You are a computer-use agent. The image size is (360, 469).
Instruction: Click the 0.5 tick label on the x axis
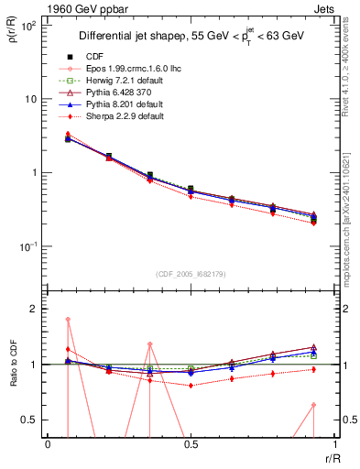pyautogui.click(x=190, y=443)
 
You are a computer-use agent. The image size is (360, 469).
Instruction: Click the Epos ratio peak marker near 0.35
pyautogui.click(x=150, y=344)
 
